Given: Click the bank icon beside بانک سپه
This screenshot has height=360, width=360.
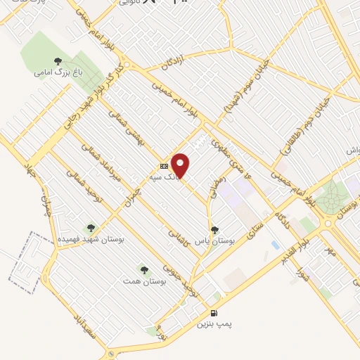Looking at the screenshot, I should click(x=164, y=167).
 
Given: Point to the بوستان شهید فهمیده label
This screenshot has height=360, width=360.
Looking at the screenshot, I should click(x=91, y=240).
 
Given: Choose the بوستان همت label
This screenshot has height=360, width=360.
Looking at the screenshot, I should click(x=143, y=281).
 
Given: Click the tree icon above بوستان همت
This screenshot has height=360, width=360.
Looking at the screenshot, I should click(x=143, y=269).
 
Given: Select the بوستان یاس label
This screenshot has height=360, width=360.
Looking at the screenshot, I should click(x=214, y=240).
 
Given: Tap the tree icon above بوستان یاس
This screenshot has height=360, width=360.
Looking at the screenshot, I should click(x=215, y=229).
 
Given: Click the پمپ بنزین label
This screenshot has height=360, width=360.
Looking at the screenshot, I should click(x=212, y=323).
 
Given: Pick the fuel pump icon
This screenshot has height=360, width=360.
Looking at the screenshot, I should click(x=213, y=313).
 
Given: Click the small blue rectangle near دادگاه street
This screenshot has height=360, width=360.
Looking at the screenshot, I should click(x=274, y=244).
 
